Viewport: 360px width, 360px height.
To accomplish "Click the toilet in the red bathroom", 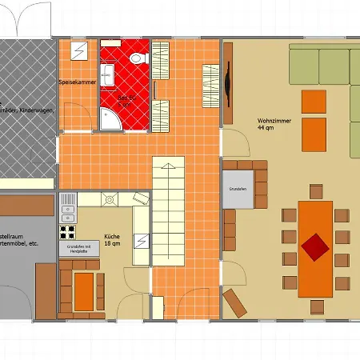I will pos(138,58).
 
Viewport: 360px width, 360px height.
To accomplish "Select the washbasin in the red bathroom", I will pos(110,76).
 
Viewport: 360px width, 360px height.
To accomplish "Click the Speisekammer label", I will pos(78,82).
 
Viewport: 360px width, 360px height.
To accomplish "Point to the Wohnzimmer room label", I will pos(272,122).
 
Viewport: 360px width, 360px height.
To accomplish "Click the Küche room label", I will pos(113,236).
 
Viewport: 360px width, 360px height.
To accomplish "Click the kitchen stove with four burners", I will pos(67,234).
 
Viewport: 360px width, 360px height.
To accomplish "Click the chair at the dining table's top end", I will pos(314,192).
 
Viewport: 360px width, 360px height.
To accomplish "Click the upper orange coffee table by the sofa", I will pos(313,102).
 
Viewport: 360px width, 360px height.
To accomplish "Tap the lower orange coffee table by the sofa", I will pos(313,134).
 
